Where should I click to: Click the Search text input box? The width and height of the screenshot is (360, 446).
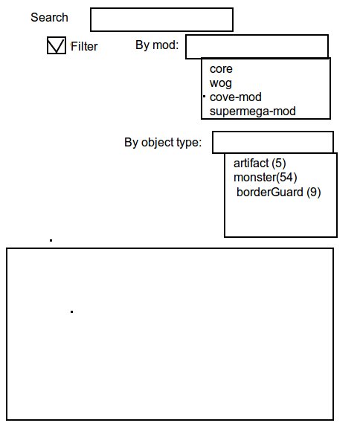161,19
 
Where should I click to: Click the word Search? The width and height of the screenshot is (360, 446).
49,17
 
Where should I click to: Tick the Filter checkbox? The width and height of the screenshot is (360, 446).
57,45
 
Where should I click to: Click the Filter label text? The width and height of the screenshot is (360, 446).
84,46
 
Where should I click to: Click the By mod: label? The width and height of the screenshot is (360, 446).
157,45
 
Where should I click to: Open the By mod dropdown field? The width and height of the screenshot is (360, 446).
257,47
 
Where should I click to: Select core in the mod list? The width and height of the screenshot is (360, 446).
221,69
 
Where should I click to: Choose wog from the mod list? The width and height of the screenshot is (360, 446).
221,83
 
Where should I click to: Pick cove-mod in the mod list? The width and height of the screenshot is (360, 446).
236,97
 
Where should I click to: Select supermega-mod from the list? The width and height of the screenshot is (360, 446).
253,111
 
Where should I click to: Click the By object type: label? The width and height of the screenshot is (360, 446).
163,142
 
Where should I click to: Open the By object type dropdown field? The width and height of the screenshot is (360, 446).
273,142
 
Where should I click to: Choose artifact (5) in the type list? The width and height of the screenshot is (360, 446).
260,164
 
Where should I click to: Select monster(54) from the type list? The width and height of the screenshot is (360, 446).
266,178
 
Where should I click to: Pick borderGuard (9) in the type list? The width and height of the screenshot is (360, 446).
279,193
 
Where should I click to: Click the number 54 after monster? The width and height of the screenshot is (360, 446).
286,178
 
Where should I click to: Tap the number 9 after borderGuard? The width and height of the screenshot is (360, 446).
314,193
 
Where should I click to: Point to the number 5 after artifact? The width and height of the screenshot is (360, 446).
279,164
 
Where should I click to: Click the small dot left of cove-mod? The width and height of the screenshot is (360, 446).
204,97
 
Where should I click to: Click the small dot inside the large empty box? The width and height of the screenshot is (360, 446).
71,311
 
